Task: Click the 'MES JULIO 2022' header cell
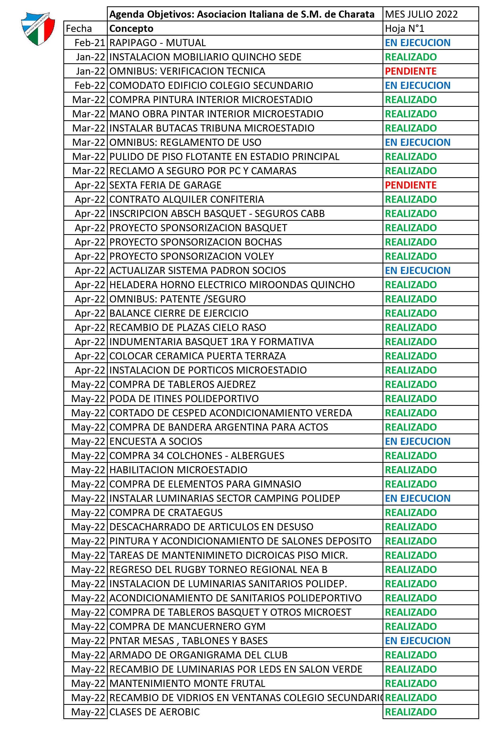click(421, 14)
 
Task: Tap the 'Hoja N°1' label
click(404, 29)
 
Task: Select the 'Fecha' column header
click(79, 29)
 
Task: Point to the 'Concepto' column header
click(131, 29)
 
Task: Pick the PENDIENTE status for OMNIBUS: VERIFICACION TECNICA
click(411, 71)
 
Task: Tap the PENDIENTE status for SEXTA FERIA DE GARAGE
click(411, 185)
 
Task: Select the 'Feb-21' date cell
click(89, 43)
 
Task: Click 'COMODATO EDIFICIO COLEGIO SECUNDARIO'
click(211, 85)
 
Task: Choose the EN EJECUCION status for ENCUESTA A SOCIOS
click(417, 441)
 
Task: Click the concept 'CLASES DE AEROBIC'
click(154, 712)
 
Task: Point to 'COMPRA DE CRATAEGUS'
click(166, 512)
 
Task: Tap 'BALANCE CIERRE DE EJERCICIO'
click(179, 313)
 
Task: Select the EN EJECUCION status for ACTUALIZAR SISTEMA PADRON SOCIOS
click(417, 271)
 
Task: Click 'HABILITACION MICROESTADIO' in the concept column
click(178, 470)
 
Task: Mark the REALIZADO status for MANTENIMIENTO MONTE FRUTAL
click(411, 683)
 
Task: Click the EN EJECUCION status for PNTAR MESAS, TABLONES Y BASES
click(417, 641)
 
